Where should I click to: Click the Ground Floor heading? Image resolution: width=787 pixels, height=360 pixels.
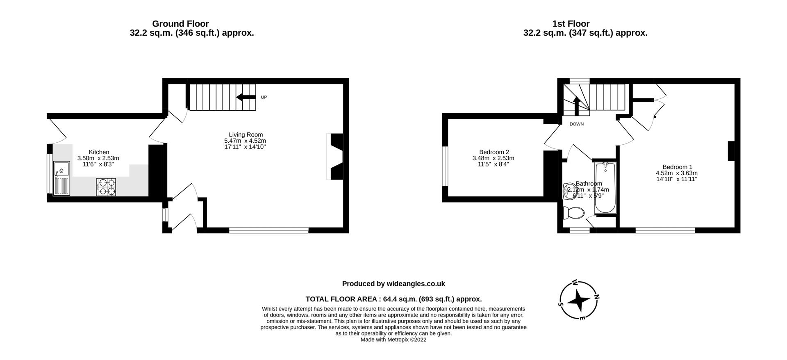[180, 24]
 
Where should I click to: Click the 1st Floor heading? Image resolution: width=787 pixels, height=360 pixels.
[571, 24]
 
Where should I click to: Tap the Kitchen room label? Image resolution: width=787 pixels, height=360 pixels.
[99, 152]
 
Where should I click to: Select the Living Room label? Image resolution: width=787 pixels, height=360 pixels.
[246, 134]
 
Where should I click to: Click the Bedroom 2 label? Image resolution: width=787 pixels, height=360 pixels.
[494, 152]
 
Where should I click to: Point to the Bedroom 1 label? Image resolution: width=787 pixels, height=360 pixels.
[677, 167]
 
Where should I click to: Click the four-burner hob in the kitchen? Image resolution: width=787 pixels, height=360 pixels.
[106, 187]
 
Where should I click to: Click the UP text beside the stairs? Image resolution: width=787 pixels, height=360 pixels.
[264, 98]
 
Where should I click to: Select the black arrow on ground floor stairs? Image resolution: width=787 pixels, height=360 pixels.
[246, 97]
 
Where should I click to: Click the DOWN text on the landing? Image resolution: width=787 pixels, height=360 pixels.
[576, 124]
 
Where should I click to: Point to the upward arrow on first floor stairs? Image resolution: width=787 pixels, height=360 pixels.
[576, 105]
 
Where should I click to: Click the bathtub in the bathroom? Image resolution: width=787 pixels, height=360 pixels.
[605, 188]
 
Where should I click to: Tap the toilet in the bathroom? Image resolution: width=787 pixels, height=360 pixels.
[573, 214]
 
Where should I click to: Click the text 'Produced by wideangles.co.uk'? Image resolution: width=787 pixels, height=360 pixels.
[393, 284]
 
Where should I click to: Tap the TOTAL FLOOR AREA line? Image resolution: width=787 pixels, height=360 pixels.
[393, 299]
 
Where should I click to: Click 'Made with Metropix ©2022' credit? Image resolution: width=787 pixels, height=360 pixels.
[393, 339]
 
